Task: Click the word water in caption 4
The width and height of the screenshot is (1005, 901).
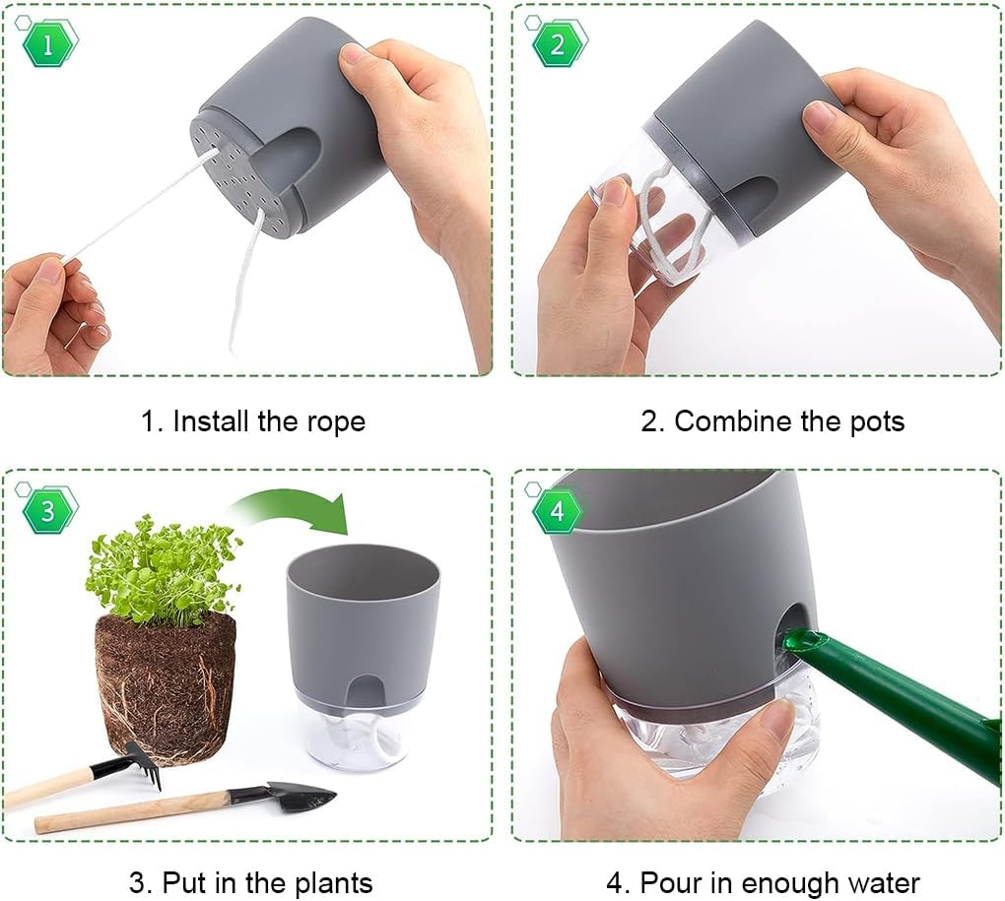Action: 877,883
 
